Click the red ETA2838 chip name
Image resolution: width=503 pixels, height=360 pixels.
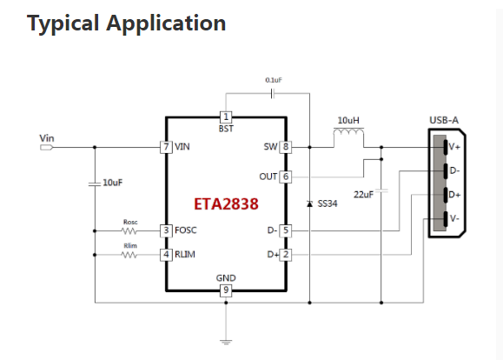pyautogui.click(x=226, y=204)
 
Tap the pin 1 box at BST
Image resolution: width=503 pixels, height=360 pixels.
pyautogui.click(x=226, y=117)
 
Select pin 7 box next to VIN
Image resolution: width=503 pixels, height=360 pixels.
pyautogui.click(x=166, y=147)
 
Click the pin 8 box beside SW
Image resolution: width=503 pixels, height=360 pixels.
pyautogui.click(x=286, y=147)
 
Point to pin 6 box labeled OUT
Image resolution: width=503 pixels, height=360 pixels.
pyautogui.click(x=286, y=177)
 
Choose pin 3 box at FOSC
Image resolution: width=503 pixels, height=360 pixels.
pyautogui.click(x=166, y=230)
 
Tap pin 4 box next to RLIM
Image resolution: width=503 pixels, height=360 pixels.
pyautogui.click(x=166, y=255)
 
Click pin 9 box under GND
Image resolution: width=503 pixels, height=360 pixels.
pyautogui.click(x=226, y=290)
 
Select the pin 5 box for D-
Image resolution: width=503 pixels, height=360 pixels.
pyautogui.click(x=286, y=230)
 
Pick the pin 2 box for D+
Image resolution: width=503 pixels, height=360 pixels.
pyautogui.click(x=286, y=255)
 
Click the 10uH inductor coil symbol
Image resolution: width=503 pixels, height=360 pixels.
pyautogui.click(x=348, y=132)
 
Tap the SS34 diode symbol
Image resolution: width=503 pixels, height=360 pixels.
pyautogui.click(x=309, y=203)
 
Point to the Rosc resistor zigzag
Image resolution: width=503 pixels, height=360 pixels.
pyautogui.click(x=129, y=230)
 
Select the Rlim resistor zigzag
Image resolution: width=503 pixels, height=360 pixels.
pyautogui.click(x=129, y=255)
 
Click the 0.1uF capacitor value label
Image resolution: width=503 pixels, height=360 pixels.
pyautogui.click(x=274, y=80)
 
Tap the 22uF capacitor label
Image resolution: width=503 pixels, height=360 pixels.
pyautogui.click(x=363, y=195)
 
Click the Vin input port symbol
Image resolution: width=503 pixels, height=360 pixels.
pyautogui.click(x=47, y=148)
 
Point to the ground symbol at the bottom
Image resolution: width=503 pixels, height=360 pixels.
pyautogui.click(x=226, y=342)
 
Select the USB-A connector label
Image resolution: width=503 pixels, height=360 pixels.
pyautogui.click(x=444, y=120)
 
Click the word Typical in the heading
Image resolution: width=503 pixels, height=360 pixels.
pyautogui.click(x=63, y=23)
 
